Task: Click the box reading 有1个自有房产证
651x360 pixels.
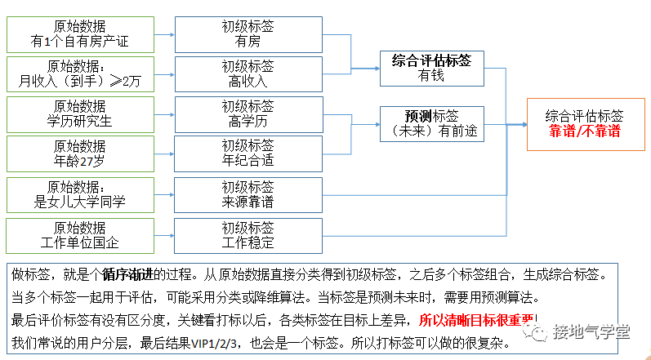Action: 79,33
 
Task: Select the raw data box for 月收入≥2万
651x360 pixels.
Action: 79,73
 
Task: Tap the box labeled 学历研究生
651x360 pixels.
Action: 79,113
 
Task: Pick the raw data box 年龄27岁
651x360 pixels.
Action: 79,153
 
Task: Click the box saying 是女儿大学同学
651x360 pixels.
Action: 79,193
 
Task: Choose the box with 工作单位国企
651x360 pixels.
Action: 79,234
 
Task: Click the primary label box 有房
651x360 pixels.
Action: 247,33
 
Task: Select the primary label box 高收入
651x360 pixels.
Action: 247,73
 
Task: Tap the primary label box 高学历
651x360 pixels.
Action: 247,113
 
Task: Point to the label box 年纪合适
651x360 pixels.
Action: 247,153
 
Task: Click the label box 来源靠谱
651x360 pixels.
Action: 247,193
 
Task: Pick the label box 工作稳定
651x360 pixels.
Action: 247,234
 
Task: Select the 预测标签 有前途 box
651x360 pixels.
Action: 430,124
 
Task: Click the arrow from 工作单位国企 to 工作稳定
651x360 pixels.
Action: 164,235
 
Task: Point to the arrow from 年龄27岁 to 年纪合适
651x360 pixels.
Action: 164,154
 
